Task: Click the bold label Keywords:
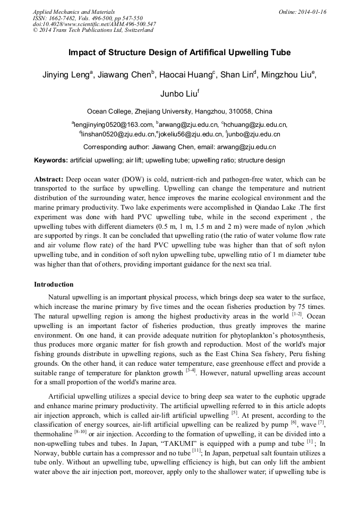(x=51, y=160)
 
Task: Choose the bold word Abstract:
(x=49, y=179)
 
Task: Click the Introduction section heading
(x=54, y=284)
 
